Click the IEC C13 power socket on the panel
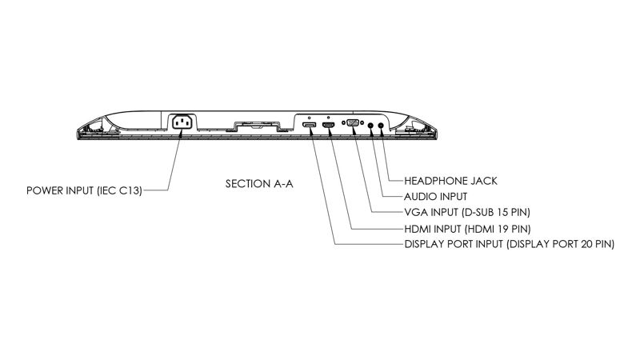click(x=182, y=122)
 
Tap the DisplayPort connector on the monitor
click(x=309, y=125)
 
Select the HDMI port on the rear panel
click(x=328, y=125)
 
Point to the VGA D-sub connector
click(x=353, y=122)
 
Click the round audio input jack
click(x=371, y=126)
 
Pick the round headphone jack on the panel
click(x=382, y=126)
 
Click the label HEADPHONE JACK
click(x=450, y=181)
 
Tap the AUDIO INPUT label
click(x=435, y=197)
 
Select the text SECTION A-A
click(x=259, y=184)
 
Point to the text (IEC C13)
click(x=119, y=190)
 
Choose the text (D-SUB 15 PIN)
click(x=495, y=212)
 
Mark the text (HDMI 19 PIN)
click(x=498, y=229)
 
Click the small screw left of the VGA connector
click(x=343, y=122)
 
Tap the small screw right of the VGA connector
click(x=362, y=122)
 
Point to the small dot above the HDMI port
click(x=329, y=117)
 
